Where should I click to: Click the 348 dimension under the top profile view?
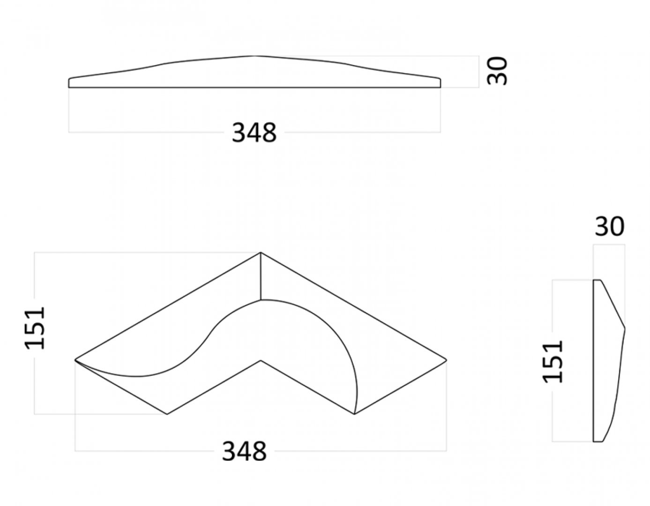[x=254, y=133]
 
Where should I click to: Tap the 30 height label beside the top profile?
[x=497, y=71]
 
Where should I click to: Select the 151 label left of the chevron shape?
[x=34, y=328]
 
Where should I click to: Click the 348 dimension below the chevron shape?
[x=244, y=451]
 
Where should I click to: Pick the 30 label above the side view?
[x=609, y=227]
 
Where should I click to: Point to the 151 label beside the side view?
[x=553, y=362]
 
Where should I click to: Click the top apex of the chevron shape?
[x=261, y=253]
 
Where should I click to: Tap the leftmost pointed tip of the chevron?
[x=75, y=360]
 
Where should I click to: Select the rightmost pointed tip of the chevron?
[x=446, y=360]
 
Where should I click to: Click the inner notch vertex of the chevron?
[x=261, y=360]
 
